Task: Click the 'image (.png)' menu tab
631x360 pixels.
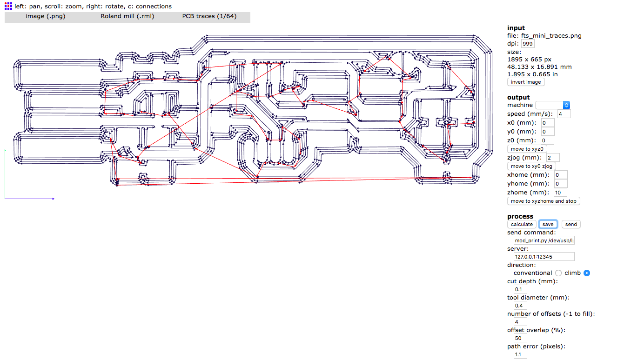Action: pyautogui.click(x=45, y=16)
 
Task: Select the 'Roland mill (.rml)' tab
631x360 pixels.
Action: pyautogui.click(x=127, y=16)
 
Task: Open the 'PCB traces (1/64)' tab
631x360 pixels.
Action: pyautogui.click(x=209, y=16)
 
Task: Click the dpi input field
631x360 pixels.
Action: pyautogui.click(x=528, y=43)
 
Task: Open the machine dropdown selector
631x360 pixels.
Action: pyautogui.click(x=553, y=105)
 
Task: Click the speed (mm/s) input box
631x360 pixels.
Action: pyautogui.click(x=564, y=114)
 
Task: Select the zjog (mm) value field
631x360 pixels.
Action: pyautogui.click(x=553, y=158)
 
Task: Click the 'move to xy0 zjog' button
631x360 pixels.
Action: pyautogui.click(x=531, y=166)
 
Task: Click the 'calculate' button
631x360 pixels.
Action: pyautogui.click(x=522, y=224)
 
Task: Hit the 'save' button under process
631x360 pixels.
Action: pyautogui.click(x=548, y=224)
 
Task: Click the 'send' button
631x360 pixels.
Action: pyautogui.click(x=571, y=224)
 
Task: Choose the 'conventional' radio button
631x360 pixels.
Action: pyautogui.click(x=558, y=273)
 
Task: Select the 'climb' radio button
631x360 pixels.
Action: pyautogui.click(x=587, y=273)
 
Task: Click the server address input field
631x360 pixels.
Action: pyautogui.click(x=544, y=257)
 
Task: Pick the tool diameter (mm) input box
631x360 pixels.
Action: pyautogui.click(x=520, y=306)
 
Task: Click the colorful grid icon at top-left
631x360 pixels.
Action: pyautogui.click(x=8, y=6)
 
